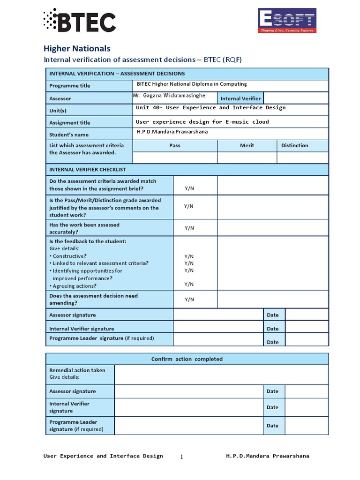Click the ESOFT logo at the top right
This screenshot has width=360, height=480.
(287, 21)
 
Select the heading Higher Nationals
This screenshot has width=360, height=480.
(77, 48)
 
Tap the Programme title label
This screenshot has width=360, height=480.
(70, 86)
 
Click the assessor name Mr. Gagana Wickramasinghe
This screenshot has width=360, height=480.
(169, 96)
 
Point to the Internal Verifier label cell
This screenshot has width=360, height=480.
(240, 98)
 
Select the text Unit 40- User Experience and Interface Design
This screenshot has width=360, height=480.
(210, 108)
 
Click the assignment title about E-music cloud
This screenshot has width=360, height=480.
(202, 122)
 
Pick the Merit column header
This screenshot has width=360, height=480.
(247, 145)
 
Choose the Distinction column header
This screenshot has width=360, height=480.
(294, 145)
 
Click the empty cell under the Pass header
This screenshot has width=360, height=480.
(175, 157)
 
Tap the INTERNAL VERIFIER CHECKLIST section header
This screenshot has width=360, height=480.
(88, 170)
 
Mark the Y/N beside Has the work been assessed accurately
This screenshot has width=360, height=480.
(189, 228)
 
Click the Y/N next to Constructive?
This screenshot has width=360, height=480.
(189, 256)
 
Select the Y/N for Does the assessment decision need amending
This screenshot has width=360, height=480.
(189, 300)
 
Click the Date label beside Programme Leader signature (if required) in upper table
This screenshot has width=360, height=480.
(273, 342)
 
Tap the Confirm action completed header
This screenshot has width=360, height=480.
(187, 359)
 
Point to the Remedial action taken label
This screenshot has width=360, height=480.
(77, 370)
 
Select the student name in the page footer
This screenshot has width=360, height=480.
(267, 456)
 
